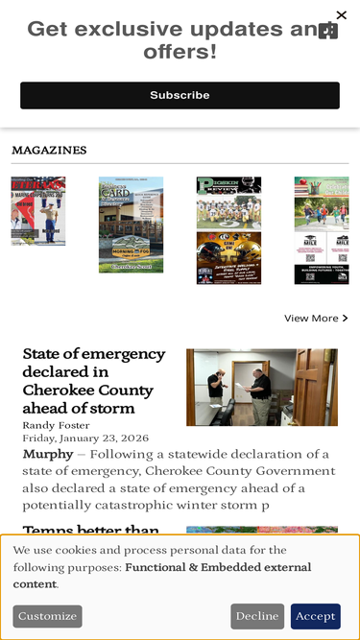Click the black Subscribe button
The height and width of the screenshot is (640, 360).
pyautogui.click(x=180, y=95)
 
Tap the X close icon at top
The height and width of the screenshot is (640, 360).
pyautogui.click(x=341, y=15)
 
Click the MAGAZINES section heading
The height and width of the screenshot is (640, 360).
pyautogui.click(x=49, y=151)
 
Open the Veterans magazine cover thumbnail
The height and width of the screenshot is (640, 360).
pyautogui.click(x=38, y=211)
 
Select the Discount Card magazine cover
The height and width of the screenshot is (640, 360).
pyautogui.click(x=131, y=225)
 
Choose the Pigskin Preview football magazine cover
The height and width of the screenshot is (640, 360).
pyautogui.click(x=228, y=230)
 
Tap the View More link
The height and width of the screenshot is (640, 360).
pyautogui.click(x=311, y=318)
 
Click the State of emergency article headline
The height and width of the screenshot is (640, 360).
pyautogui.click(x=94, y=381)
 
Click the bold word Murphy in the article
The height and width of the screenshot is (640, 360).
pyautogui.click(x=47, y=454)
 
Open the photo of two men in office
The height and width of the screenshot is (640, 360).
pyautogui.click(x=261, y=387)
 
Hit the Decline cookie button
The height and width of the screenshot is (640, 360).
pyautogui.click(x=256, y=616)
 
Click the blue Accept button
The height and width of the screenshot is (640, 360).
pyautogui.click(x=315, y=616)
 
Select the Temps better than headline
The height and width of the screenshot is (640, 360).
pyautogui.click(x=91, y=531)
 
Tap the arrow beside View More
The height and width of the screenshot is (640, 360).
pyautogui.click(x=346, y=318)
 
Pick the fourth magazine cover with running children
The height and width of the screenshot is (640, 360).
pyautogui.click(x=321, y=230)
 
